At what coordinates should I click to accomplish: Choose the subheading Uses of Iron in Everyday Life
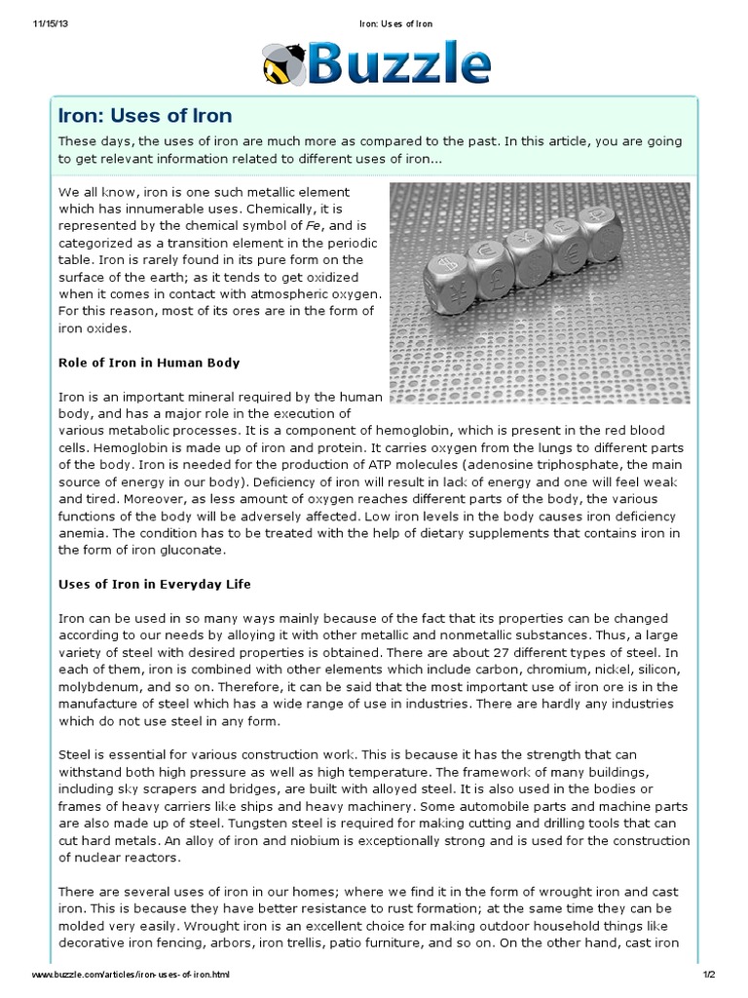pyautogui.click(x=155, y=584)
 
